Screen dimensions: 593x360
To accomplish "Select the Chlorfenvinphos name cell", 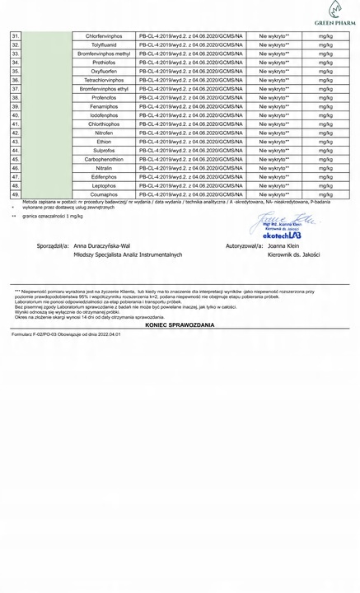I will point(104,37).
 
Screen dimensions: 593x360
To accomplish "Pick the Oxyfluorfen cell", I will point(104,72).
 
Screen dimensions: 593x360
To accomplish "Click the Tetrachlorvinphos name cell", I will point(104,81).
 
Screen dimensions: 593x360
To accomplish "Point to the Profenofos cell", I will point(104,98).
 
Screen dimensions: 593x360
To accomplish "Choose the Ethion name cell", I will point(104,142).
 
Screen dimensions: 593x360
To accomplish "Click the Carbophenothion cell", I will point(104,159).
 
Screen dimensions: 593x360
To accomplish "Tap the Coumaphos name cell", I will point(104,194).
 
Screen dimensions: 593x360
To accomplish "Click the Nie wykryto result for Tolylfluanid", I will point(274,46).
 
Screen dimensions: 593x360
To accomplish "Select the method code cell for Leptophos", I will point(191,185).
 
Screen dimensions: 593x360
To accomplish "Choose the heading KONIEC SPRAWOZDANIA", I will point(179,326).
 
